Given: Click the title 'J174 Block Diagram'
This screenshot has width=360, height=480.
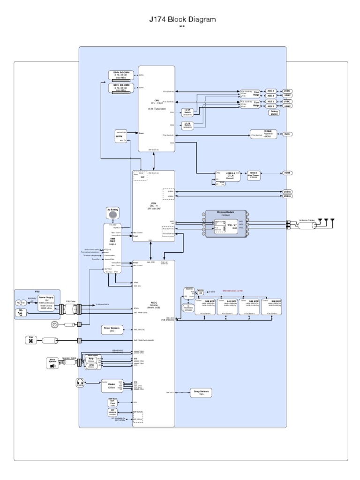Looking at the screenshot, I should point(182,20).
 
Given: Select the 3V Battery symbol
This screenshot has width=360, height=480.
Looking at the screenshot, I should point(112,214).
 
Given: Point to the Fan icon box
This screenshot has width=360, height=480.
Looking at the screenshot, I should point(32,340).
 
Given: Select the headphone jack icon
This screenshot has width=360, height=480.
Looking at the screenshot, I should point(80,383).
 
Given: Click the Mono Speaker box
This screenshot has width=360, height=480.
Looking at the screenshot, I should point(52,363).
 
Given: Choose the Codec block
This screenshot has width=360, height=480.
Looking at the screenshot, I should point(112,385).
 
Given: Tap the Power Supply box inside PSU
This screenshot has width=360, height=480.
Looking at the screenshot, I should point(46,302).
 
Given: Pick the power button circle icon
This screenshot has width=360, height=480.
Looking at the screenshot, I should point(56,324).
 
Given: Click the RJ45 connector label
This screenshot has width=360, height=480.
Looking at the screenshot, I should point(287,134).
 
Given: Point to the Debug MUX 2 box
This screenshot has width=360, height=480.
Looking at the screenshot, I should point(274,112).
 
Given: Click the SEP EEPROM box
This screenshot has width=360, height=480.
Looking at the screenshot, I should point(112,412).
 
